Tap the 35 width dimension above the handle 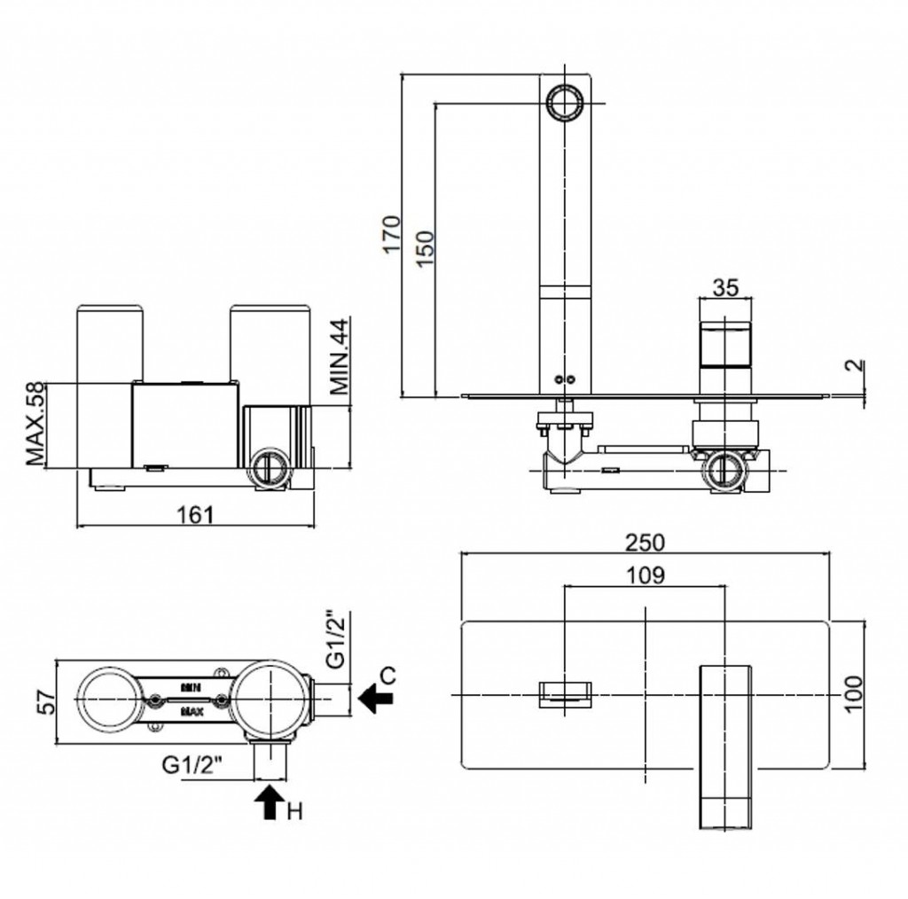[x=725, y=288]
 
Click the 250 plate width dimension [x=646, y=542]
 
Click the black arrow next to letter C [x=377, y=700]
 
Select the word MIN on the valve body [x=190, y=686]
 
